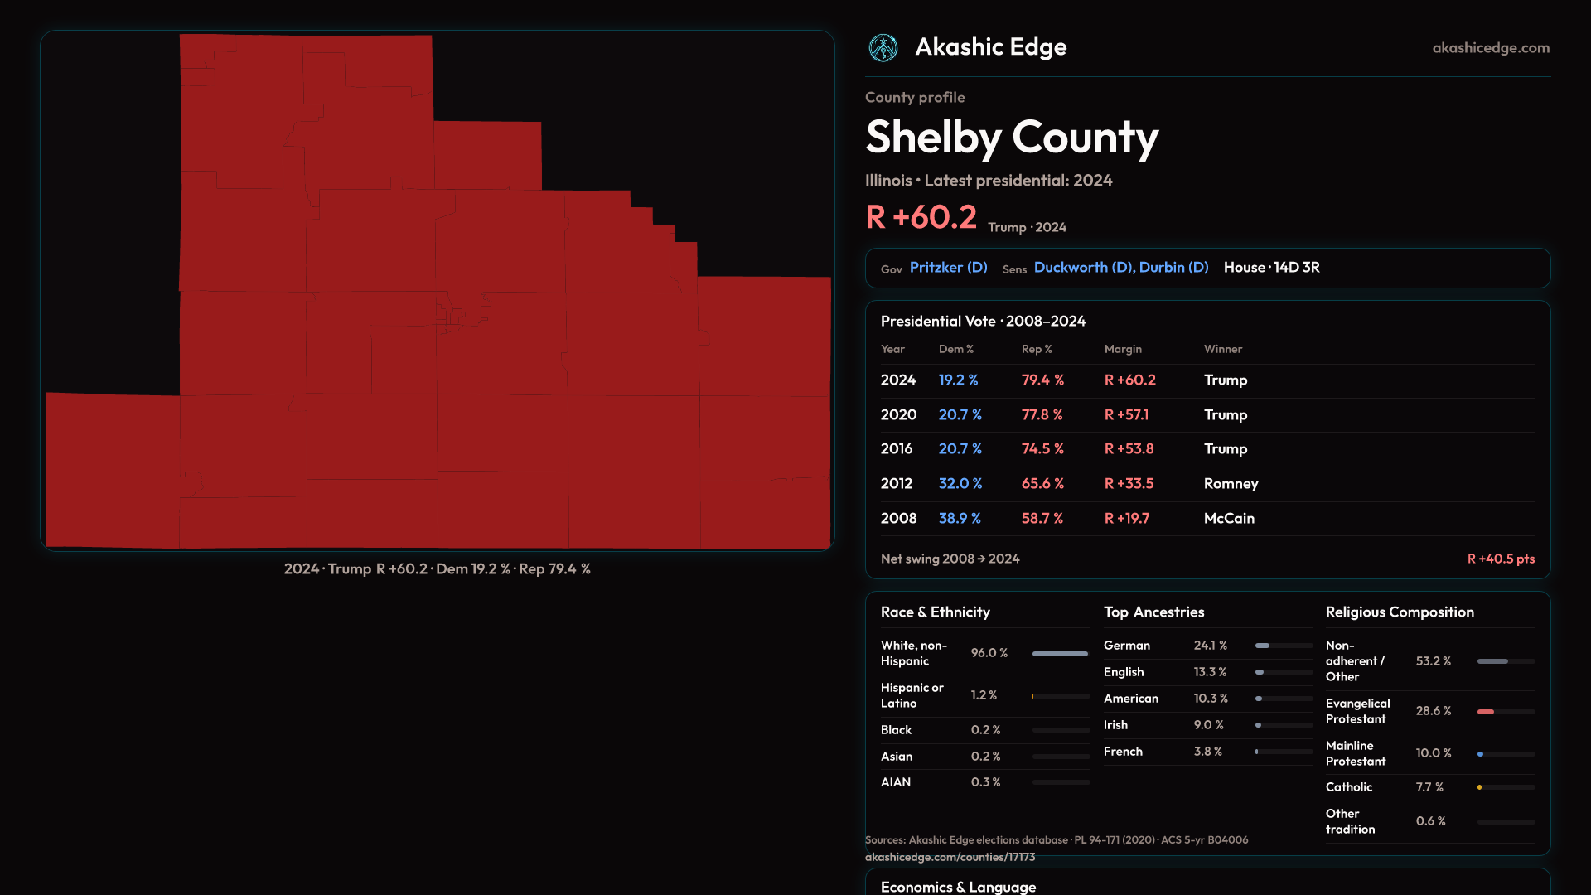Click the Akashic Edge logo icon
coord(883,48)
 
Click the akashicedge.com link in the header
coord(1490,48)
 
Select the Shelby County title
coord(1011,138)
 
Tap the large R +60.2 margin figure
coord(921,217)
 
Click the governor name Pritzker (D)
coord(948,268)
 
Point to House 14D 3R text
coord(1271,268)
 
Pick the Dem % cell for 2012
coord(960,484)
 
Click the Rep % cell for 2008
coord(1042,519)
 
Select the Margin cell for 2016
coord(1129,449)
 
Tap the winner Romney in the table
coord(1231,484)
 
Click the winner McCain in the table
coord(1229,519)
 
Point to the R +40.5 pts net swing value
coord(1500,559)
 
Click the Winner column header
coord(1222,350)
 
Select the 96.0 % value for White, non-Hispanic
coord(989,653)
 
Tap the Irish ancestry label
coord(1115,725)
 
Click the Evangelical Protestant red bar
coord(1486,712)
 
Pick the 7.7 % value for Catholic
coord(1429,787)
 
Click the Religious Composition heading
coord(1400,612)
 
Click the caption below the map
coord(437,569)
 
